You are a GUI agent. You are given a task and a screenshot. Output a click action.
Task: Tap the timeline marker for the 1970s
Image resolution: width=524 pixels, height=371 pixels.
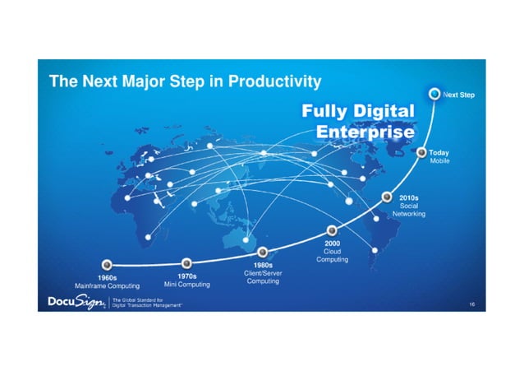(186, 264)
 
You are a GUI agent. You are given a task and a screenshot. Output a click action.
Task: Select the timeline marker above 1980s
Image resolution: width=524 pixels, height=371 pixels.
(263, 252)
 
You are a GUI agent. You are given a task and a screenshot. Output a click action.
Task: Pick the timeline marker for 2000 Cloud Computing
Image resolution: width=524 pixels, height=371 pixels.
(332, 230)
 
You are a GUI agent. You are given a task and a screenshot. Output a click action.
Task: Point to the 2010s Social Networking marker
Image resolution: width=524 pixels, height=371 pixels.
(387, 197)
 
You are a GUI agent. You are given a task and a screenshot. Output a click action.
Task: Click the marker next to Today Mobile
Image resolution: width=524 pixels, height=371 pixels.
(422, 152)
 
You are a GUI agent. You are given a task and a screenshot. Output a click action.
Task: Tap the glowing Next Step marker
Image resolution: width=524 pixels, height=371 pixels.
(434, 95)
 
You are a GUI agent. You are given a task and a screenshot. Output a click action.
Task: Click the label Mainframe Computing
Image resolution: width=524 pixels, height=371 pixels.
(108, 285)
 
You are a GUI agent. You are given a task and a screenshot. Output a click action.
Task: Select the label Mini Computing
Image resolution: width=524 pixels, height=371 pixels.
(187, 285)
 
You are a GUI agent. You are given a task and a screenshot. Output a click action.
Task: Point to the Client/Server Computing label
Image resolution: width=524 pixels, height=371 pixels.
(263, 276)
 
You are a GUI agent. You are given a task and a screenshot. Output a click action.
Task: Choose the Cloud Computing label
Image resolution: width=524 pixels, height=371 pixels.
(333, 255)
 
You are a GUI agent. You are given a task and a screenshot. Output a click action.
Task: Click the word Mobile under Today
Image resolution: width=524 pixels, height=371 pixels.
(439, 161)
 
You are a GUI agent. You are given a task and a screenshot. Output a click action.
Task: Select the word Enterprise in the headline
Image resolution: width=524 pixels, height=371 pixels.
(365, 132)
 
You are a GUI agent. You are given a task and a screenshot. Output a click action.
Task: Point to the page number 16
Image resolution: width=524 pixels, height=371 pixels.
(471, 304)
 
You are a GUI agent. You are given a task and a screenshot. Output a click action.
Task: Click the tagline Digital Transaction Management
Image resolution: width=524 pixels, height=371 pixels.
(147, 305)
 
